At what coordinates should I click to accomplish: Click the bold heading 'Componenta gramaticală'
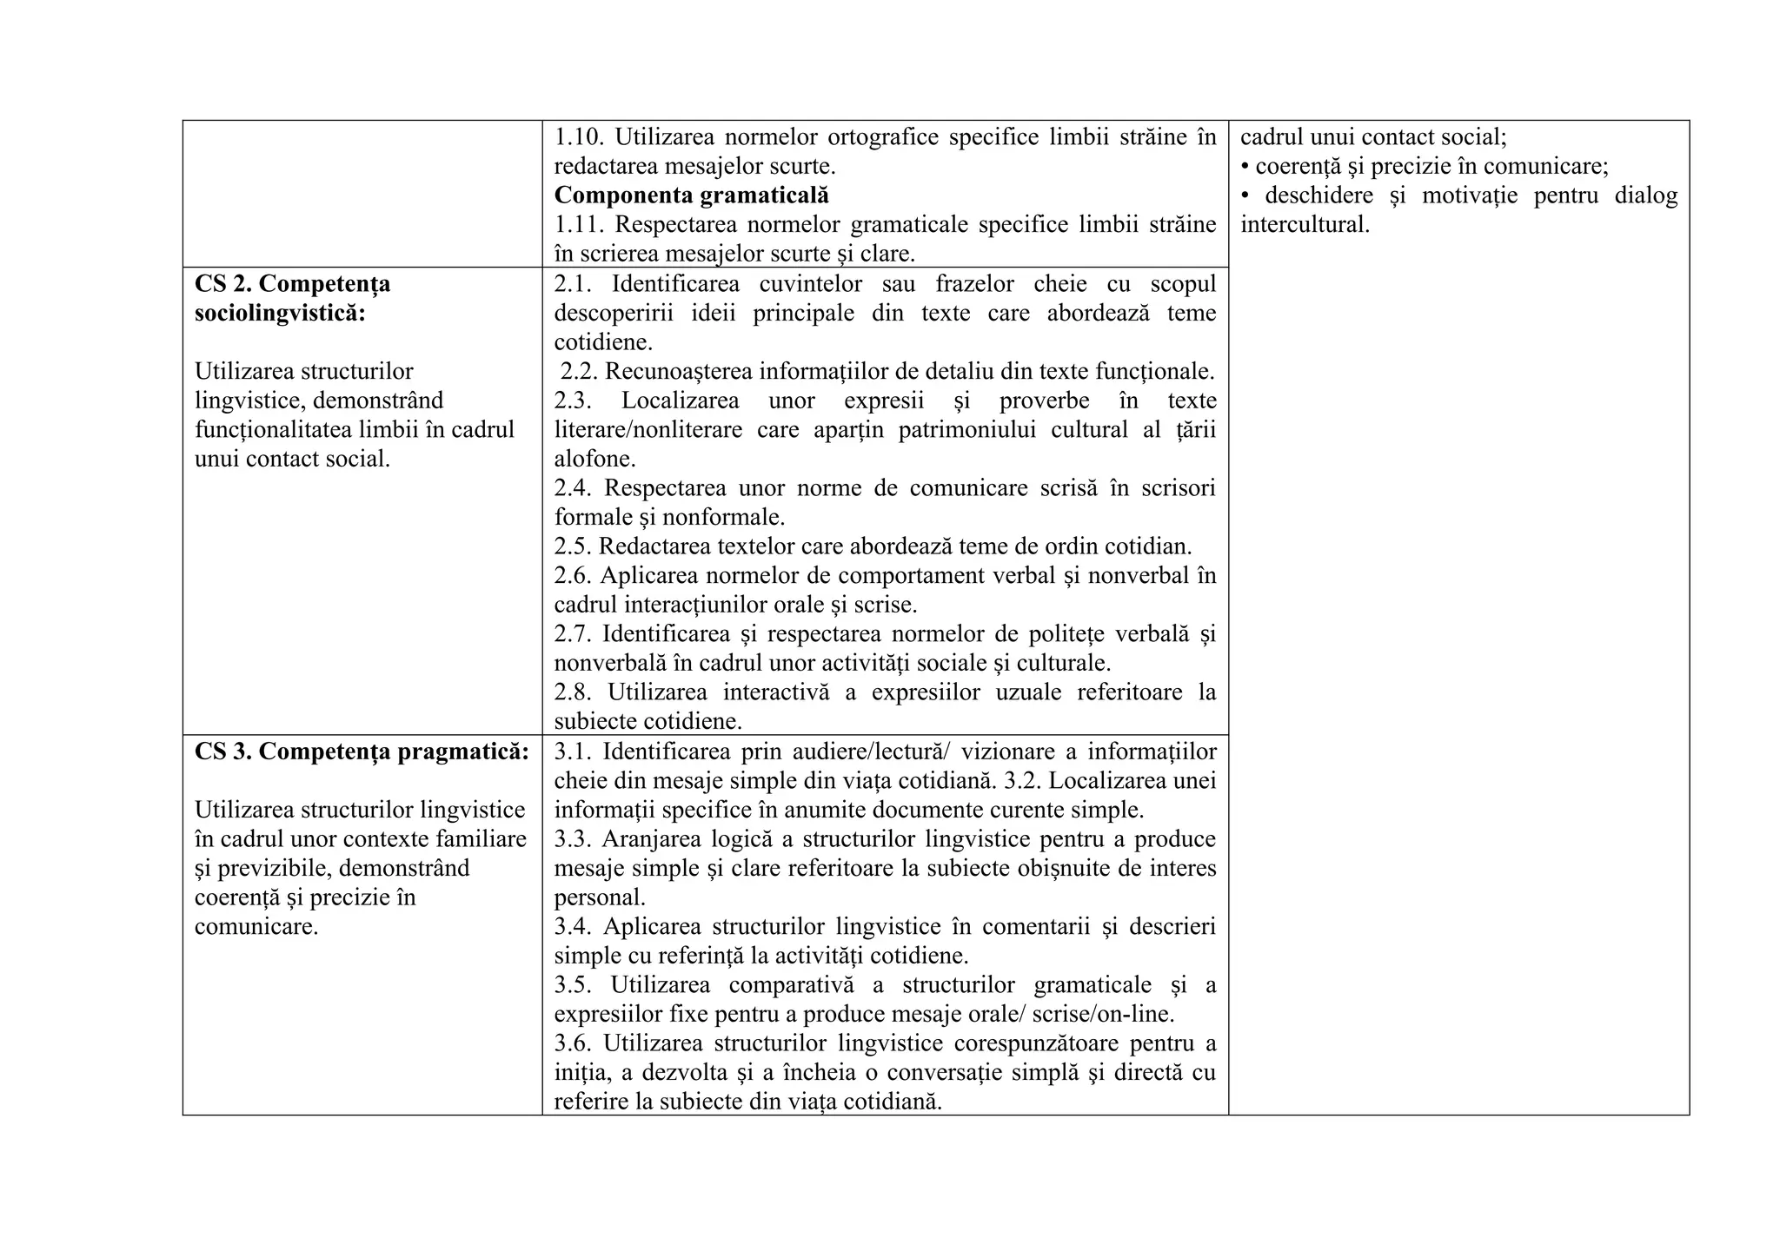691,195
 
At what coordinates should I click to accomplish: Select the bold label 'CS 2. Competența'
292,283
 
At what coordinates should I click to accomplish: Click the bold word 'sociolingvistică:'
280,313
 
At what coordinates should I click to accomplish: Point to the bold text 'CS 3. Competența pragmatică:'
362,751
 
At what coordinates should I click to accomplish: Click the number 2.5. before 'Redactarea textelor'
573,546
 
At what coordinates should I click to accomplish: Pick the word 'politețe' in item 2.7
1066,634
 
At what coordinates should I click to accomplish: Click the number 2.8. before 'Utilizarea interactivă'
574,692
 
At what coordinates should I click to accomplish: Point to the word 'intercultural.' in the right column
1304,224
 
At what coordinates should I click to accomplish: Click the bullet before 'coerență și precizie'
1245,166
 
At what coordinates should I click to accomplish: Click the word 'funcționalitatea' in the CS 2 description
277,429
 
